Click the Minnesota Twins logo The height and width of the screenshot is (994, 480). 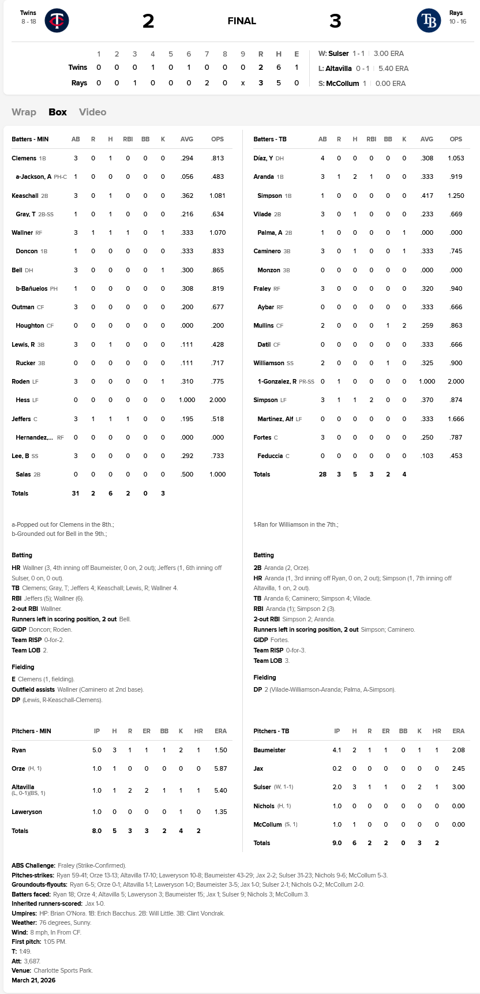(x=57, y=21)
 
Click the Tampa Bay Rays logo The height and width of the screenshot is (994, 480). (x=429, y=21)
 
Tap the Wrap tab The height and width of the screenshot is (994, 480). (x=24, y=112)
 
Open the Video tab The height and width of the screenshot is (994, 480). (x=92, y=112)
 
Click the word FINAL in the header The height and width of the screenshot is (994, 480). (x=242, y=21)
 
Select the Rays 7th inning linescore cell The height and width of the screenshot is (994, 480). (x=207, y=82)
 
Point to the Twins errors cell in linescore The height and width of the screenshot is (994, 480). (x=297, y=67)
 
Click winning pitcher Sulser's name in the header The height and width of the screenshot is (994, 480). (x=338, y=54)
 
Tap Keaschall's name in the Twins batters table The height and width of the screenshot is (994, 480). (x=25, y=196)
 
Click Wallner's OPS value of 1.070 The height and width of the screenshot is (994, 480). (x=217, y=232)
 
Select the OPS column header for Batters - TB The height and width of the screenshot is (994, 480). (x=456, y=139)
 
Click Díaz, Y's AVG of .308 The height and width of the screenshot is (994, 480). (x=427, y=158)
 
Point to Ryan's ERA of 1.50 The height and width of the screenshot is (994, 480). (x=220, y=750)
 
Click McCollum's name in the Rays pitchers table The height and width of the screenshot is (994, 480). (x=268, y=824)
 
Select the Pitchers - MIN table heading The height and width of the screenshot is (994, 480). (x=31, y=731)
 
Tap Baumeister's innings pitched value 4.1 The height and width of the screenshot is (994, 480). (x=337, y=750)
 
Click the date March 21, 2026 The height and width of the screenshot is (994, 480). (x=33, y=980)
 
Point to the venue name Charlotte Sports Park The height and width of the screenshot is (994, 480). (x=63, y=970)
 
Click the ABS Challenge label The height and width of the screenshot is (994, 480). (x=33, y=865)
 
